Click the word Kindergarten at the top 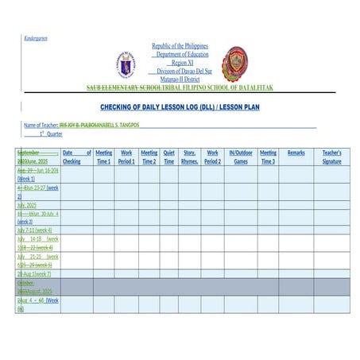point(37,37)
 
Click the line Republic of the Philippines point(180,47)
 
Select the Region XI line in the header point(182,62)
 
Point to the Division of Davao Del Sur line point(180,71)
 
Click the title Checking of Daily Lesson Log point(180,106)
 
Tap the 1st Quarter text point(50,134)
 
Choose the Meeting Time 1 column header point(103,157)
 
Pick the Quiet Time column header point(168,157)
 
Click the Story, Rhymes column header point(189,157)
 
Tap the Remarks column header point(296,153)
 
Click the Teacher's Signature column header point(332,157)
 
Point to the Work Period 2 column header point(212,157)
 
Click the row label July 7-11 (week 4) point(35,230)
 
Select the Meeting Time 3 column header point(268,157)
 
